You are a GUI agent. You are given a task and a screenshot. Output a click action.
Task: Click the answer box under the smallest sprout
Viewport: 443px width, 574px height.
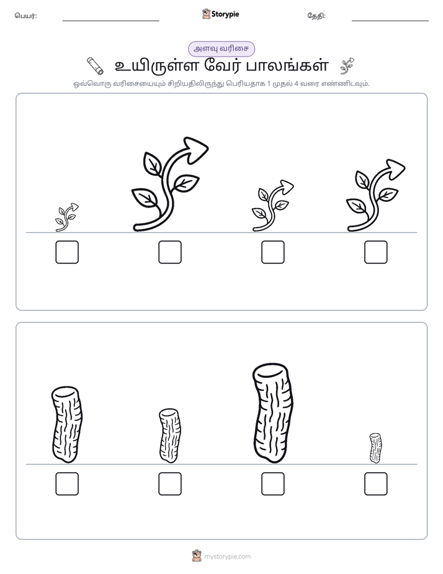[x=67, y=252]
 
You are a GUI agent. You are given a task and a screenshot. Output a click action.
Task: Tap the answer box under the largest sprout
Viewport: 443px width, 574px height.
[x=170, y=252]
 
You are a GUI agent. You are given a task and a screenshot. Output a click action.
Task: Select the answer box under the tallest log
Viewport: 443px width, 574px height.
[x=272, y=484]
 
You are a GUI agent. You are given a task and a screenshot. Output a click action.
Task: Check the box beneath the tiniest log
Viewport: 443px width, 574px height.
[x=376, y=484]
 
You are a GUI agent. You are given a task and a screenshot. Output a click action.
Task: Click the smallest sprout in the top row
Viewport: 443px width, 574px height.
[x=67, y=217]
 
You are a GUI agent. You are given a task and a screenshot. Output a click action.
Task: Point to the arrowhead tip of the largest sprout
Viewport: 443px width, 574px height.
[x=208, y=147]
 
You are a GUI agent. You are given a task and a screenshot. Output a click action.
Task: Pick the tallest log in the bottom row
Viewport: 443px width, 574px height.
[x=273, y=413]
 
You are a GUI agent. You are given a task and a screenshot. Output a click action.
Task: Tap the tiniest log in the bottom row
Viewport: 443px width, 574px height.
[x=375, y=448]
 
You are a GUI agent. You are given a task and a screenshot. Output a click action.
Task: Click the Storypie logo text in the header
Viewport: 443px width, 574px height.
[x=225, y=14]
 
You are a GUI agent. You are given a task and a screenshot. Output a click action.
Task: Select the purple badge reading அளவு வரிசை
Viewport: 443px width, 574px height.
[x=221, y=48]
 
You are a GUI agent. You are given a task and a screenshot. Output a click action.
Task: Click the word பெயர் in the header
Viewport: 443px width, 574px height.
[x=25, y=16]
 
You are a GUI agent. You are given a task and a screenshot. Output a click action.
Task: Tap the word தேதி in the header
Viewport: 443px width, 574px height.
[x=316, y=16]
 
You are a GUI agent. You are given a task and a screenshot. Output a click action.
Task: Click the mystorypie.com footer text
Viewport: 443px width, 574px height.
[x=227, y=557]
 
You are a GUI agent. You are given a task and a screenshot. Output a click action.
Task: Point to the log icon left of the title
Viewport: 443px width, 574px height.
[x=96, y=66]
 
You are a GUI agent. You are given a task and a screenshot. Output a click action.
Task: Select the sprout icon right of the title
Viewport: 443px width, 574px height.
[x=347, y=66]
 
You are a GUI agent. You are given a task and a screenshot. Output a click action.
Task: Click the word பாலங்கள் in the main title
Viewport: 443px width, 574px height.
[x=287, y=66]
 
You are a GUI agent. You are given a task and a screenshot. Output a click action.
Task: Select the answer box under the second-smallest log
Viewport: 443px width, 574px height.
[x=170, y=484]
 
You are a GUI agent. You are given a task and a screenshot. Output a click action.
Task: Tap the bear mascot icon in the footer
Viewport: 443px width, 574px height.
[x=197, y=556]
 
